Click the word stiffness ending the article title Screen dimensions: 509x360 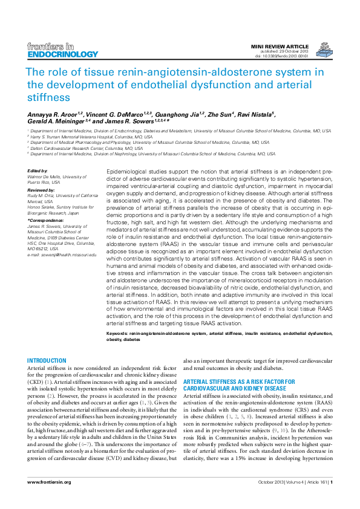(48, 96)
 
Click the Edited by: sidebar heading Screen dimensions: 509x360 (38, 171)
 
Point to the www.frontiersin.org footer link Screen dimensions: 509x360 (50, 482)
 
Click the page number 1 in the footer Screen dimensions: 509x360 (332, 482)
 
